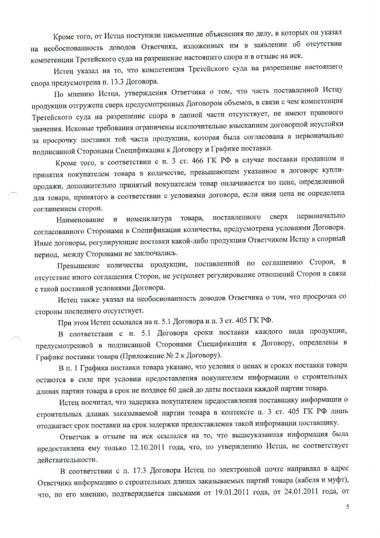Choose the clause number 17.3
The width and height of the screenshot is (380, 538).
[x=130, y=469]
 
